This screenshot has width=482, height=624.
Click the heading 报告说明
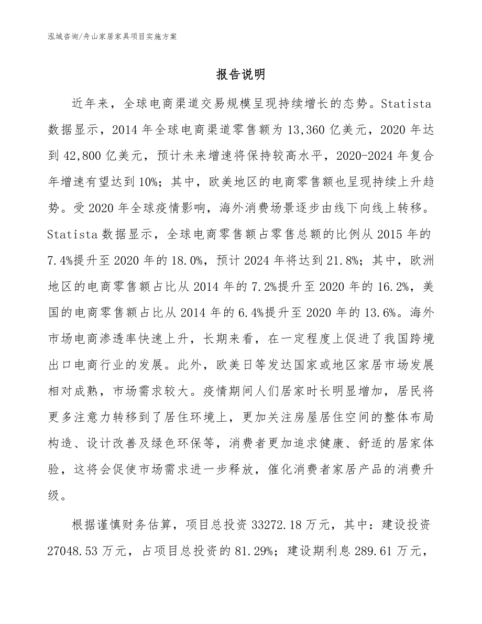point(241,75)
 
